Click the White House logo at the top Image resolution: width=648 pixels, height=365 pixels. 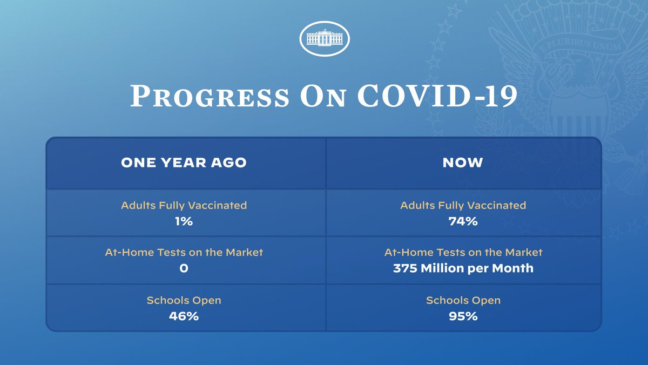tap(325, 38)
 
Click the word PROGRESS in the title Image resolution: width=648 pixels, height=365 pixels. tap(210, 96)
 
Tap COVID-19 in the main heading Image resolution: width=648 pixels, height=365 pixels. tap(437, 96)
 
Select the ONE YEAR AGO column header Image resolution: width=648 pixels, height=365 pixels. tap(184, 163)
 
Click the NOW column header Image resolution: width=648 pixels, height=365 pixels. tap(463, 163)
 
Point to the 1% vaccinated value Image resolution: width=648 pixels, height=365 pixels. tap(184, 221)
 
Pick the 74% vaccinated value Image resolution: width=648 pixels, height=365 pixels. tap(463, 221)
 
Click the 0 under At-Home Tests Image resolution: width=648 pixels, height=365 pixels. tap(184, 268)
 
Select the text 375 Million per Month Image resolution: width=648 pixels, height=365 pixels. tap(463, 269)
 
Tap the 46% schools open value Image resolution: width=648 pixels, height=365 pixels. tap(184, 316)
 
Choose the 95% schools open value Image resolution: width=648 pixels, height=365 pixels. tap(463, 316)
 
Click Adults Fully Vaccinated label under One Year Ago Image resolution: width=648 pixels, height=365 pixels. tap(184, 205)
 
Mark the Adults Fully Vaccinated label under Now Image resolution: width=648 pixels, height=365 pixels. tap(463, 205)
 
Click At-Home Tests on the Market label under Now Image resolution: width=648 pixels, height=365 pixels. tap(463, 252)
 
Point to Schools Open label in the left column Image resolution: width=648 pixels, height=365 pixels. tap(184, 301)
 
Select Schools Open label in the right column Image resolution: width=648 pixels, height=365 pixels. tap(463, 301)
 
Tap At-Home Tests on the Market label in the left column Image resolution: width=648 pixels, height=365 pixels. tap(184, 252)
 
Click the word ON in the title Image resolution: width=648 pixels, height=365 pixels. tap(323, 96)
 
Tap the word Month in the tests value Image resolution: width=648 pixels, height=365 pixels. tap(512, 268)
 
